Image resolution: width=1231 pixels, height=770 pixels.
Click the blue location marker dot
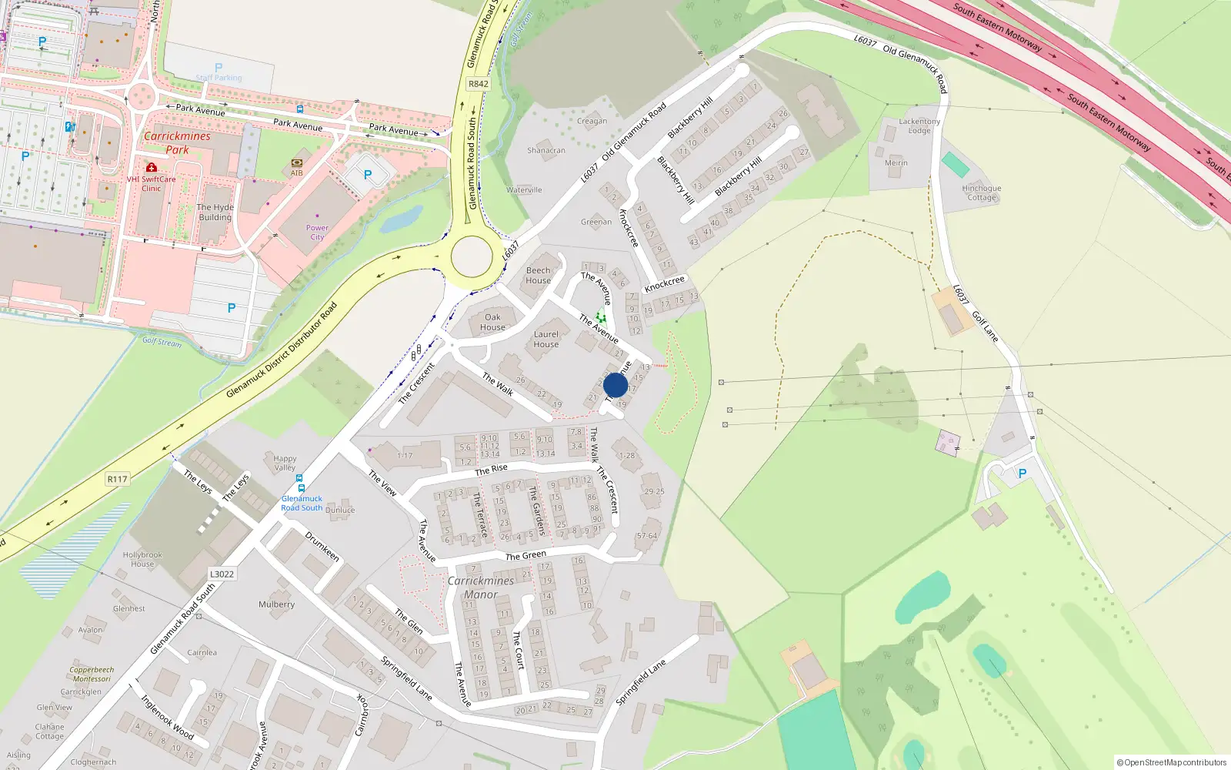[615, 385]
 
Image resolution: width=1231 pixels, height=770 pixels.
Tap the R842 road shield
[479, 84]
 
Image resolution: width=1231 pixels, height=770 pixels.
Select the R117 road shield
[117, 479]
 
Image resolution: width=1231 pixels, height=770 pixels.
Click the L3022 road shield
[222, 574]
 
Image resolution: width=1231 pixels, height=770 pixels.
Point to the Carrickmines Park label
[177, 142]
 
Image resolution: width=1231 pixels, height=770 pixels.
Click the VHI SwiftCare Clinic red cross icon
[152, 167]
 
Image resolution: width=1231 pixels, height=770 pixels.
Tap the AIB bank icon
[297, 163]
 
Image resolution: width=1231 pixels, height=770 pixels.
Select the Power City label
[317, 232]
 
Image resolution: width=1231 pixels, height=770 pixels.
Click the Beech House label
[539, 276]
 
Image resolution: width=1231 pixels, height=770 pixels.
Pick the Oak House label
[492, 322]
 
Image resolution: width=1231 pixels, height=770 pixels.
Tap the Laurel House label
[546, 339]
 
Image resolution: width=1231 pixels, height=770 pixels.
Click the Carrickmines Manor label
[481, 588]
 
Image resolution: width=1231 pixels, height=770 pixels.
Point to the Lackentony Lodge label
[919, 126]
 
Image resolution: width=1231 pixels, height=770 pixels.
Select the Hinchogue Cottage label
[982, 192]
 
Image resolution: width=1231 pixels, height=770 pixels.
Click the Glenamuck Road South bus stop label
[302, 503]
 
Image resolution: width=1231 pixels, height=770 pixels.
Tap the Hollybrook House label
[142, 559]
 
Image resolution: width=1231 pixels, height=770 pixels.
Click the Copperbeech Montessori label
[92, 674]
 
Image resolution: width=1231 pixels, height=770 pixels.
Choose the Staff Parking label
[219, 77]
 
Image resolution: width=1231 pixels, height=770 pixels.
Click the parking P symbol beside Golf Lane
[1022, 474]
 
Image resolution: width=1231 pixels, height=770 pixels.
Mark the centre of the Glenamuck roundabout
[472, 257]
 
